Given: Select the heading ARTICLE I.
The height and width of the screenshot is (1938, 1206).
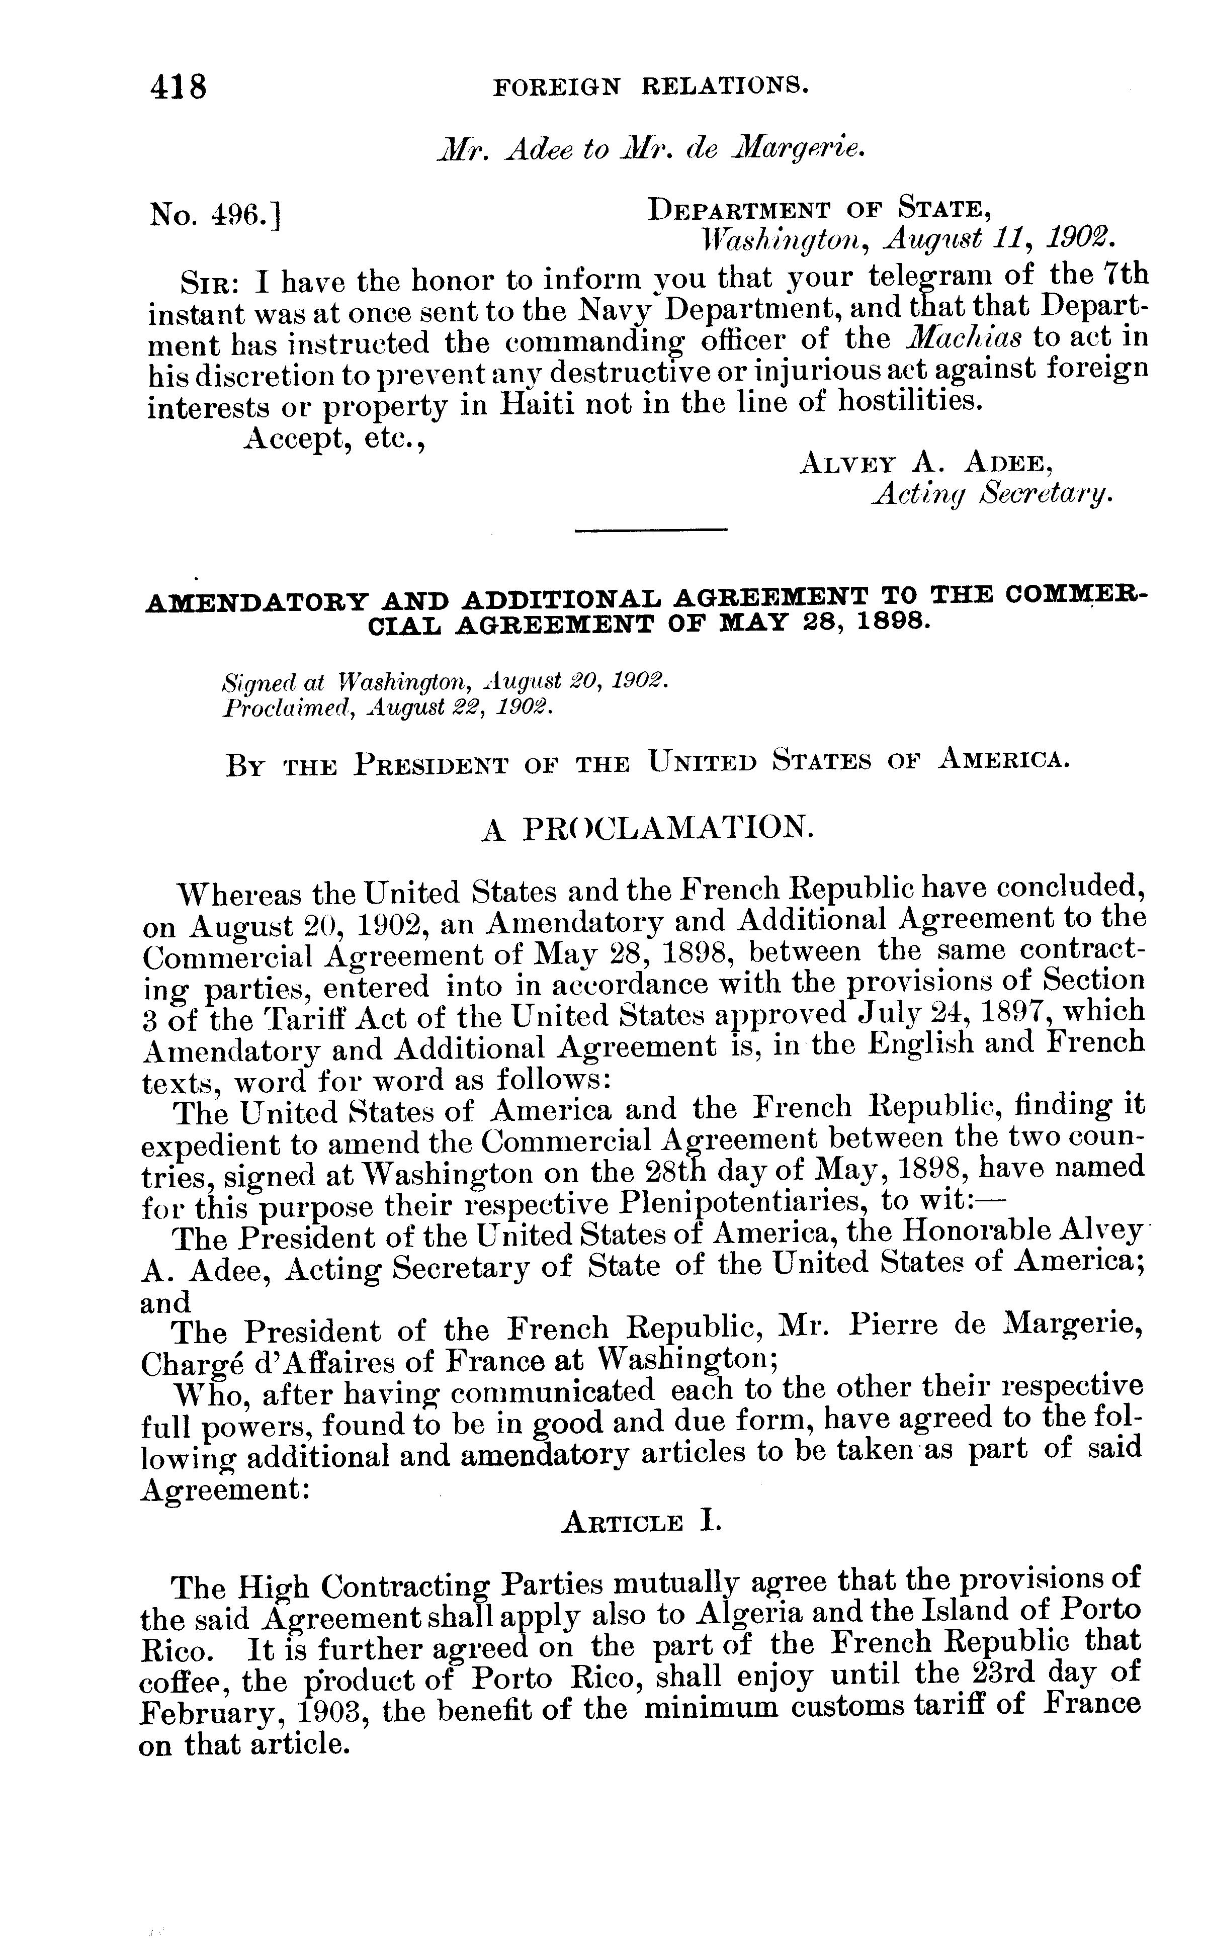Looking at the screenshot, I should pyautogui.click(x=641, y=1523).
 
